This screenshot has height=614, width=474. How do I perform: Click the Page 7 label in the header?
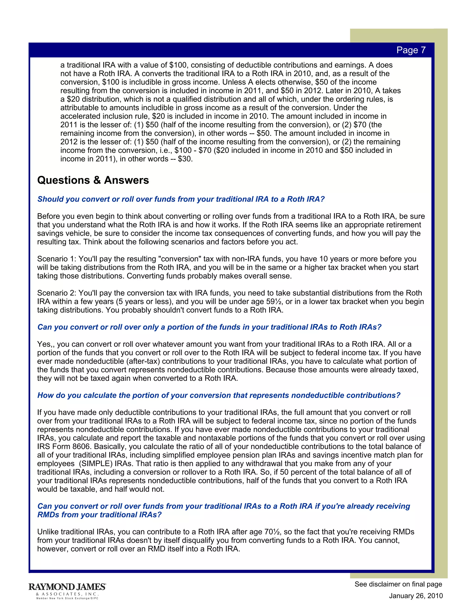click(x=411, y=50)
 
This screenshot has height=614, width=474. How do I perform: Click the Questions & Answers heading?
click(x=93, y=180)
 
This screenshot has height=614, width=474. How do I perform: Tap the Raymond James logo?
click(x=67, y=587)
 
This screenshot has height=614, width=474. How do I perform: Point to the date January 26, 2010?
click(x=416, y=596)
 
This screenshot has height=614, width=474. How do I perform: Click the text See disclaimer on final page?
click(x=398, y=584)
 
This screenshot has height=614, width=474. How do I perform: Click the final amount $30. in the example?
click(x=185, y=159)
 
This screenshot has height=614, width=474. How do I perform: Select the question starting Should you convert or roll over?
click(x=181, y=199)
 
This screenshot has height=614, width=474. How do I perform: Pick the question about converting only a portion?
click(x=209, y=327)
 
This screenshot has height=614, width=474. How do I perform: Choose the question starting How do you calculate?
click(x=219, y=395)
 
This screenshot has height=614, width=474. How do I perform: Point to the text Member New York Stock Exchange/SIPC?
click(x=67, y=598)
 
